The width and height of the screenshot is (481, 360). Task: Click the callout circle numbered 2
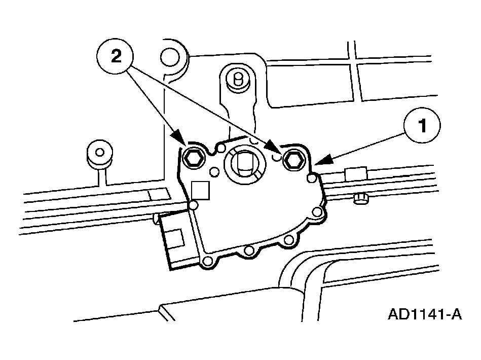pos(115,56)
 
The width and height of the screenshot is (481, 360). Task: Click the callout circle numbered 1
pos(422,125)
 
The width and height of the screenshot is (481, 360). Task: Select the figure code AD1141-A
pos(425,314)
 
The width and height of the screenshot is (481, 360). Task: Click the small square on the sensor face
pos(200,190)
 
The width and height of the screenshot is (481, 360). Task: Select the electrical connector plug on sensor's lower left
pos(175,239)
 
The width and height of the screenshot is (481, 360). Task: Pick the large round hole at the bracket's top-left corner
pos(170,57)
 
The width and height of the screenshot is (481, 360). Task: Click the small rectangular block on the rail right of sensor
pos(356,174)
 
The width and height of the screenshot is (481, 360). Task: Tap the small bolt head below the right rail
pos(361,199)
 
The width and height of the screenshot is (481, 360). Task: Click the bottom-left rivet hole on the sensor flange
pos(207,261)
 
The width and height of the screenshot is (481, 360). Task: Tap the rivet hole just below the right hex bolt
pos(312,178)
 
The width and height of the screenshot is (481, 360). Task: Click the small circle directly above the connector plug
pos(193,205)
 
